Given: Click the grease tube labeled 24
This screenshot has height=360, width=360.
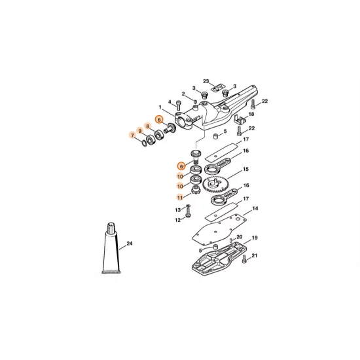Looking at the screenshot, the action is click(111, 249).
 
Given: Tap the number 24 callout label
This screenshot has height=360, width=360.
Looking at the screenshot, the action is click(130, 243).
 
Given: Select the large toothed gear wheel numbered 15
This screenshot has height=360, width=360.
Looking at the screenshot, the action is click(215, 185).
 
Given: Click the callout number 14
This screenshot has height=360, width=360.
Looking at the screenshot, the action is click(255, 208).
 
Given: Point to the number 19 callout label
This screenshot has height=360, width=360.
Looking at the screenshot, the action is click(255, 238).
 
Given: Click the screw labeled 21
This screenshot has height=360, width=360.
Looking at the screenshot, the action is click(245, 259).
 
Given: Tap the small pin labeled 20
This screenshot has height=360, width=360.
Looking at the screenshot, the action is click(231, 240).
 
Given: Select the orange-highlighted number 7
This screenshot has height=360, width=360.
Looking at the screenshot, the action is click(132, 135).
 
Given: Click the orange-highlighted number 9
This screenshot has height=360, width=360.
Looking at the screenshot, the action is click(140, 131).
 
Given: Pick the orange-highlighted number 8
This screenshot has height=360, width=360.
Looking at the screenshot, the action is click(148, 126).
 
